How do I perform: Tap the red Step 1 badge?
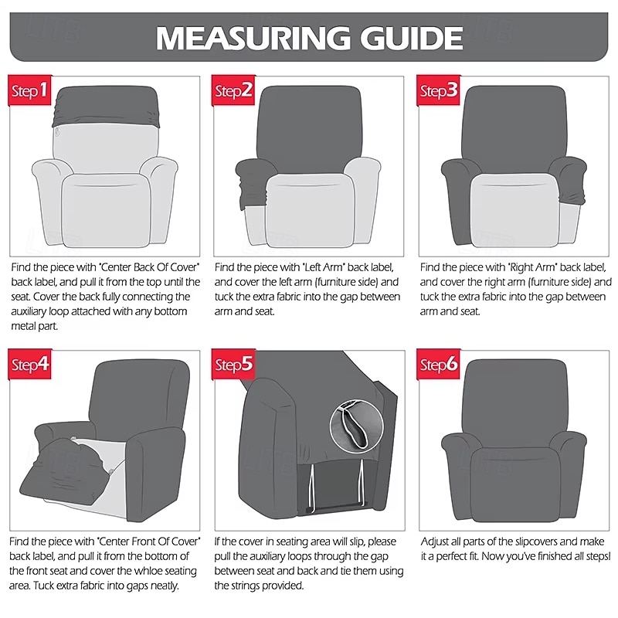[x=30, y=92]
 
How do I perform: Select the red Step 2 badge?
[x=234, y=92]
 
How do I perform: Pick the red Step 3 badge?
[x=439, y=92]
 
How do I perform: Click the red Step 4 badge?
[x=30, y=364]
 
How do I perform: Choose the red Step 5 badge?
[x=234, y=364]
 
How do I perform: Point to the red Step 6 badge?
[x=439, y=364]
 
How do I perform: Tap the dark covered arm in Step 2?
[x=250, y=182]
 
